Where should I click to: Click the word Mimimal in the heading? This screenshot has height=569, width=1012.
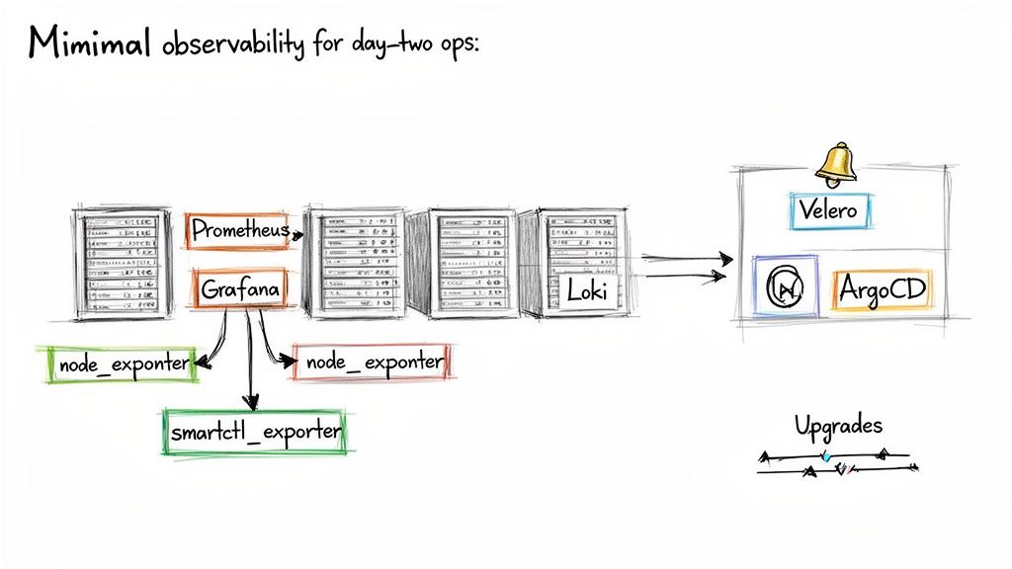coord(89,44)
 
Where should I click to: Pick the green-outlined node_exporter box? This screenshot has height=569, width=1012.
coord(123,365)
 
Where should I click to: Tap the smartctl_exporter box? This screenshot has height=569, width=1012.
coord(256,432)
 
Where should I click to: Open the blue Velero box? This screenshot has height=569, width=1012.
coord(830,209)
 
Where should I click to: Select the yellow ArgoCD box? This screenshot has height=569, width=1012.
coord(882,289)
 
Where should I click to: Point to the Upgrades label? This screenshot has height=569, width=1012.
coord(839,426)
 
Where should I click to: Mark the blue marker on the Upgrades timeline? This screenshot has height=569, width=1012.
coord(826,456)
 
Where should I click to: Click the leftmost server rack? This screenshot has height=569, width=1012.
coord(118,262)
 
